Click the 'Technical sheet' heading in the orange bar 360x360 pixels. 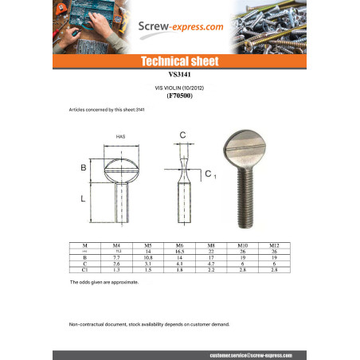pos(179,61)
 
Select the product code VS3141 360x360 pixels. pos(179,72)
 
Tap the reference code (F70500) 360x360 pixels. pos(179,96)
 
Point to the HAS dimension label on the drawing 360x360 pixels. pos(121,137)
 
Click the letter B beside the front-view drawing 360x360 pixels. pos(84,168)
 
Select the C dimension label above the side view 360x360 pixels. pos(182,135)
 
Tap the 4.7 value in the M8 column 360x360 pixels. pos(211,264)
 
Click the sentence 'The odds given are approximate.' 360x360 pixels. pos(104,282)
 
